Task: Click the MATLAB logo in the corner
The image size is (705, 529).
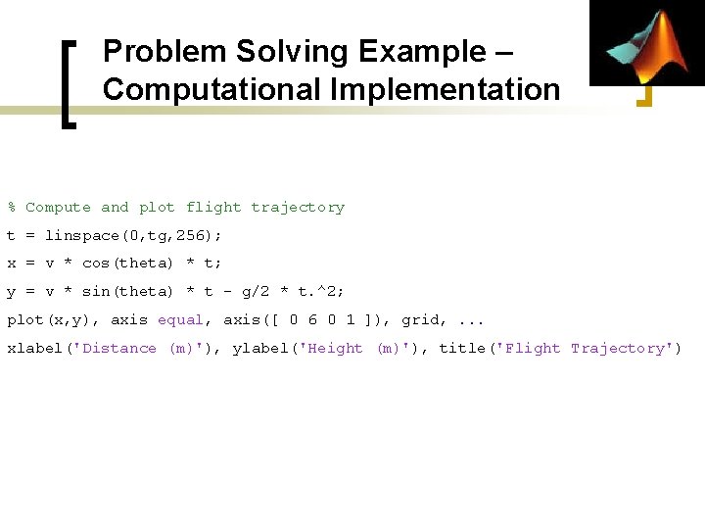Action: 647,43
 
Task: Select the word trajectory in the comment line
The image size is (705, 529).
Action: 298,208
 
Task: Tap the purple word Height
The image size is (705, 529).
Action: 335,349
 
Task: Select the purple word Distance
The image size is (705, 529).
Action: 119,349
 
